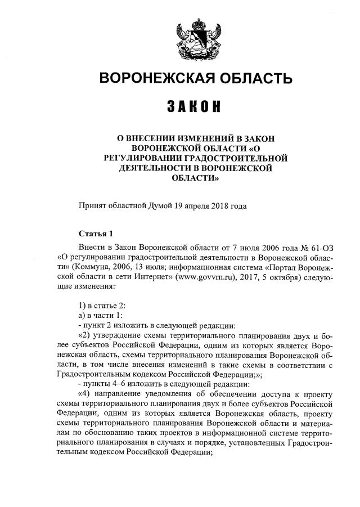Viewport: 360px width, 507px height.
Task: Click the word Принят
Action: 92,206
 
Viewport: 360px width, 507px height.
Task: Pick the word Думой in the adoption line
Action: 175,206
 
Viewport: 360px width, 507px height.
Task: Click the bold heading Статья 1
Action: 96,234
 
